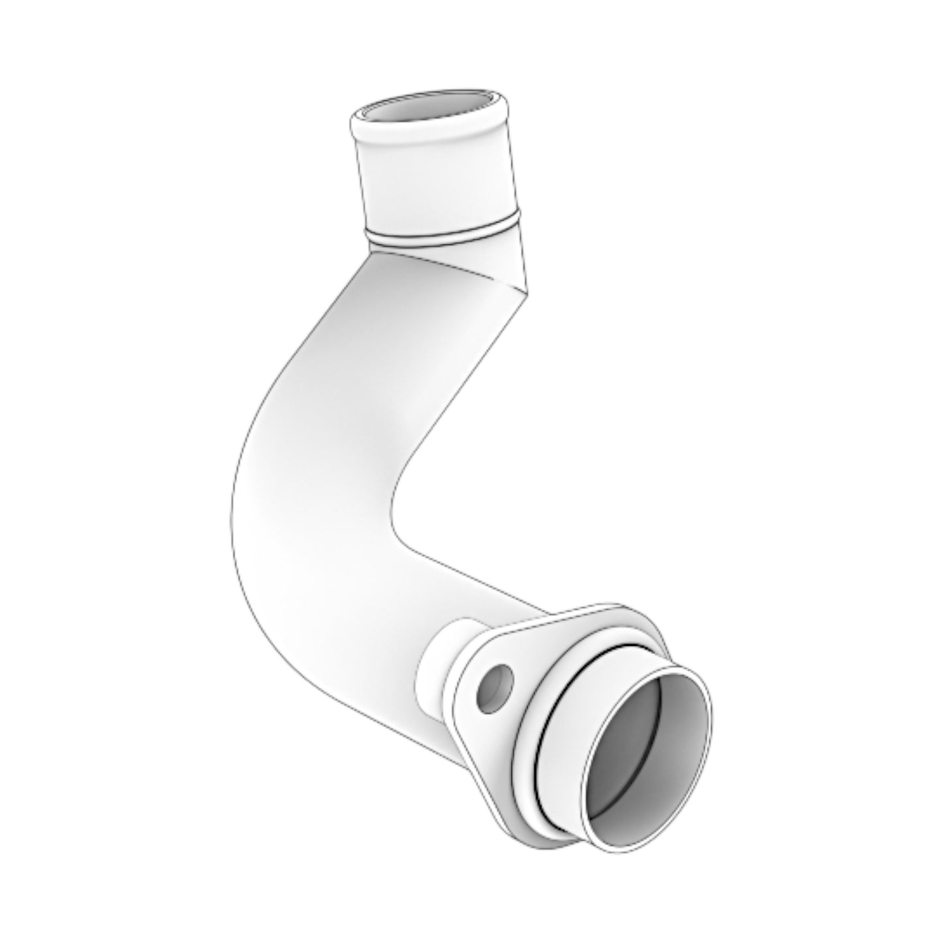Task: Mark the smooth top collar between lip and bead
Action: tap(437, 183)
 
